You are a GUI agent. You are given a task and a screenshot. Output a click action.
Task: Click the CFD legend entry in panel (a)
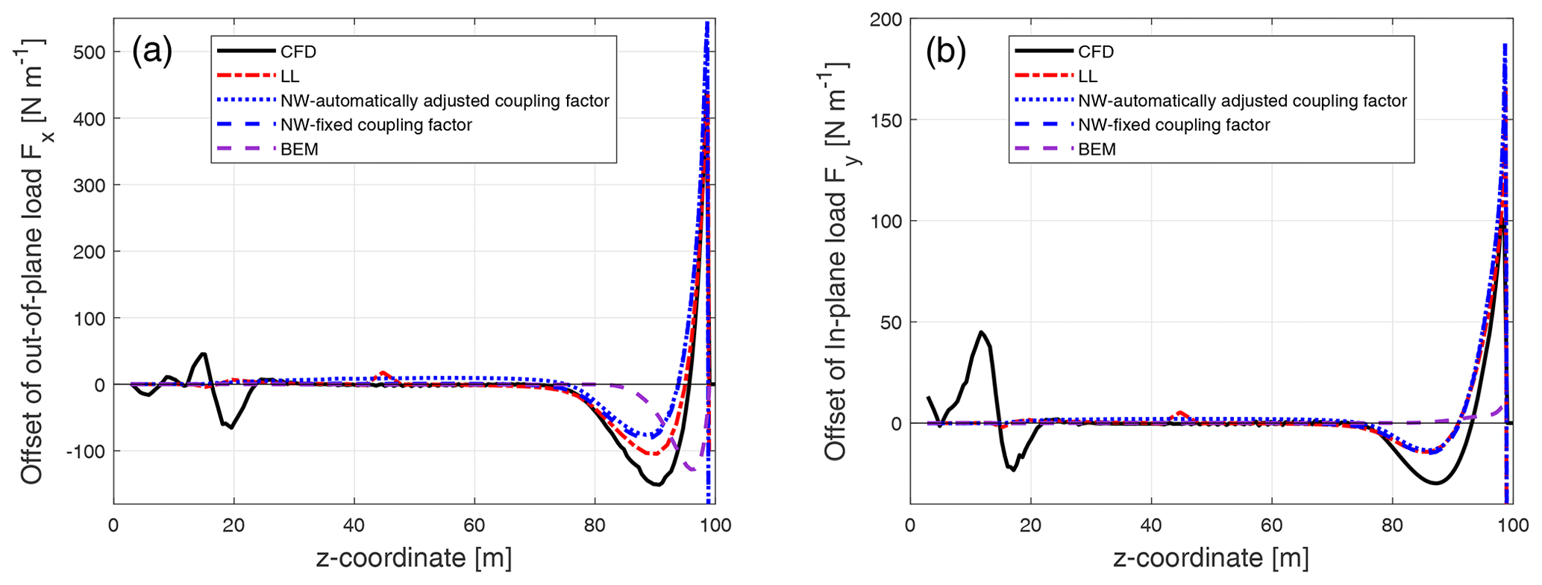click(x=298, y=51)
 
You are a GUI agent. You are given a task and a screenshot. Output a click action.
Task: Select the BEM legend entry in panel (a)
click(x=299, y=149)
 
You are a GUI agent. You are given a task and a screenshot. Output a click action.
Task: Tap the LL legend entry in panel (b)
click(x=1088, y=76)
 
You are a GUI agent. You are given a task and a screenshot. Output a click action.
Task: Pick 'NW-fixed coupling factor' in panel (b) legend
click(x=1173, y=125)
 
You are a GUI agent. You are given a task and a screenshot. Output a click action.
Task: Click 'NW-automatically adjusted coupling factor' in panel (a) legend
click(x=445, y=101)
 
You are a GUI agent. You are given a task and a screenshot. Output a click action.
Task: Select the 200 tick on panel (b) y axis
click(x=886, y=19)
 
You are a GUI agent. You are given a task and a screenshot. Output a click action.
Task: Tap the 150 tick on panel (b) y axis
click(x=886, y=120)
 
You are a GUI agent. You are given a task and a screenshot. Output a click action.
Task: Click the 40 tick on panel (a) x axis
click(x=354, y=525)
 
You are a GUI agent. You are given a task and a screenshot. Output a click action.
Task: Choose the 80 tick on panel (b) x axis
click(x=1392, y=525)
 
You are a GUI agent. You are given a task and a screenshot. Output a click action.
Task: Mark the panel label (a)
click(x=152, y=52)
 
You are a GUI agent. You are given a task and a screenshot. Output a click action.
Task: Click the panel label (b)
click(x=946, y=52)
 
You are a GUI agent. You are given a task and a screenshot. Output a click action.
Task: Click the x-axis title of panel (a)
click(x=414, y=558)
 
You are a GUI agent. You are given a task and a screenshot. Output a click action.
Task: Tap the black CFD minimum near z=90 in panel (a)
click(x=658, y=485)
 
